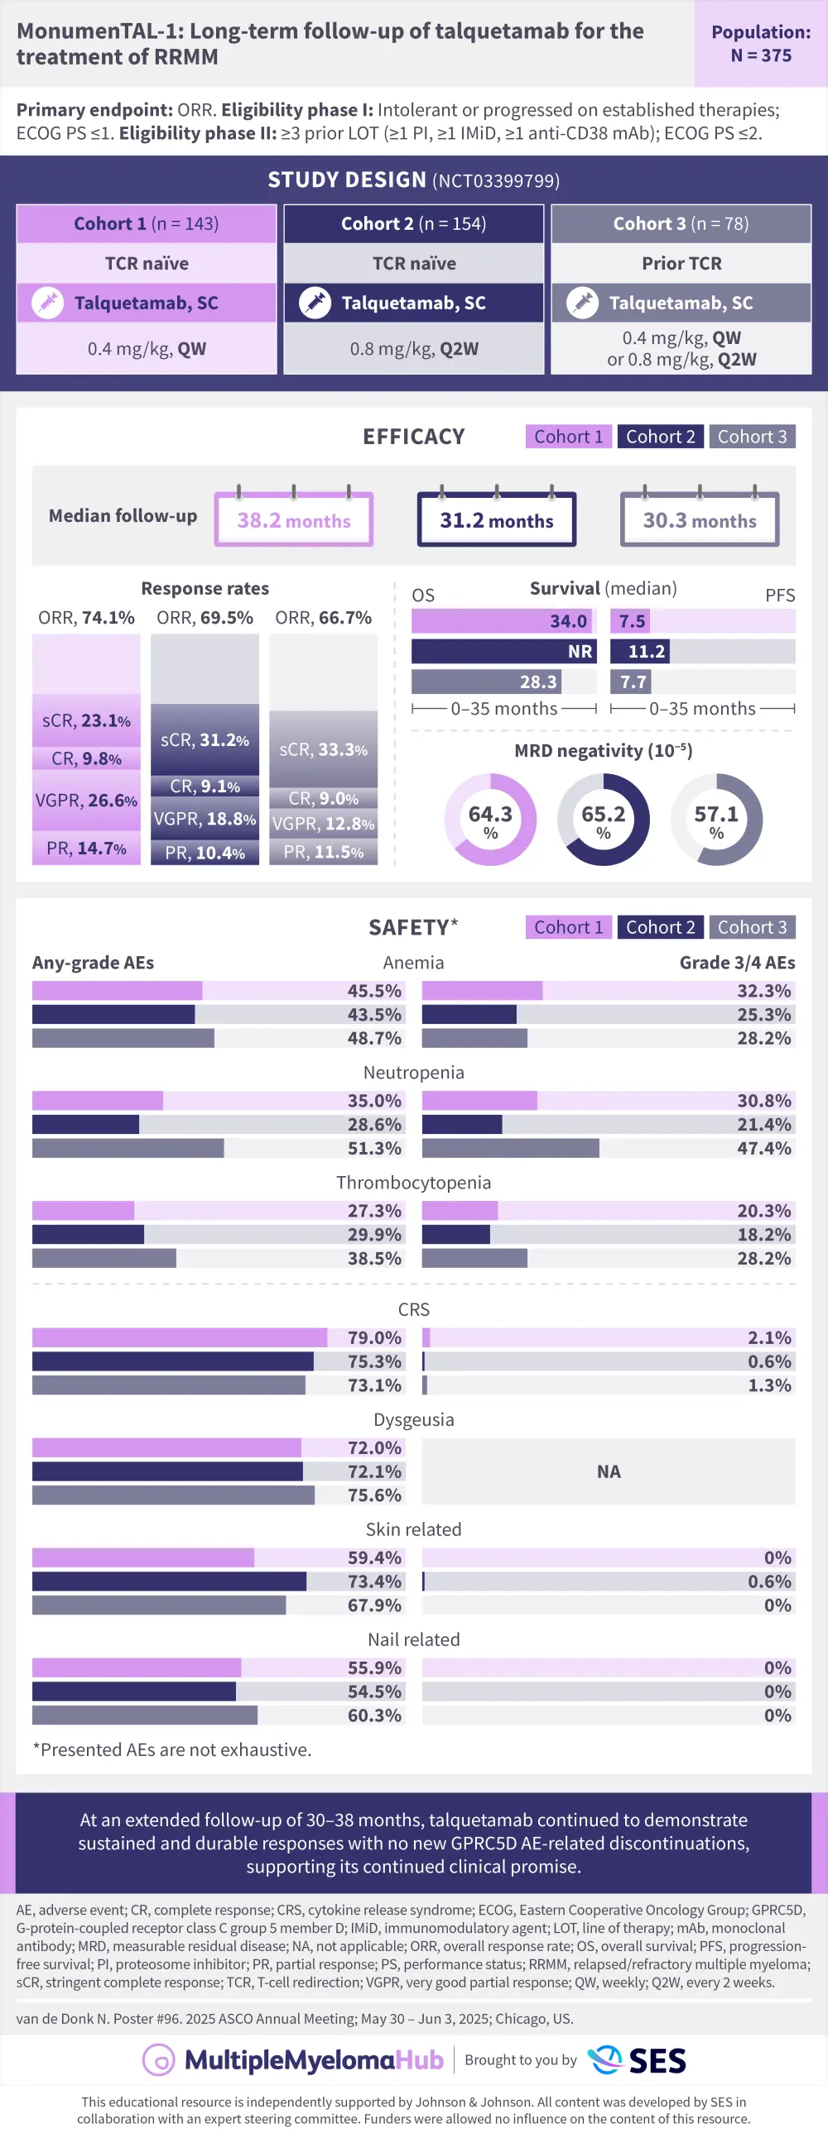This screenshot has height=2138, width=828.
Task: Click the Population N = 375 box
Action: tap(760, 44)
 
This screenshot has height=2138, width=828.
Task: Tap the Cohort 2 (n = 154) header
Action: tap(413, 224)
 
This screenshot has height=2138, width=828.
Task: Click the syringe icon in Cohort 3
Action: tap(582, 303)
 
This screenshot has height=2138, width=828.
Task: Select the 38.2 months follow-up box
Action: tap(293, 520)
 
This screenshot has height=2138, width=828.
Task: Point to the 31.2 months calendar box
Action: tap(497, 520)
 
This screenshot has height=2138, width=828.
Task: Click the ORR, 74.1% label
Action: tap(86, 618)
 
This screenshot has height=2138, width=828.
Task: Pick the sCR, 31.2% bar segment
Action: tap(205, 739)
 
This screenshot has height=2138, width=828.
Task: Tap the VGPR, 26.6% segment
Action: tap(86, 800)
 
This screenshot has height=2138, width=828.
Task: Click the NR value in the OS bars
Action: tap(580, 652)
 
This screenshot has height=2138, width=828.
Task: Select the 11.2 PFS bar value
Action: tap(646, 652)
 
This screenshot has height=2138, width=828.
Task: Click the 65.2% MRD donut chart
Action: tap(603, 820)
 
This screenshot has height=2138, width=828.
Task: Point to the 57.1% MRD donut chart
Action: tap(716, 820)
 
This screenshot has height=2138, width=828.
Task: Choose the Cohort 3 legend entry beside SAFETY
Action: tap(752, 927)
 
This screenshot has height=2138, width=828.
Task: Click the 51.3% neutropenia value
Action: tap(373, 1149)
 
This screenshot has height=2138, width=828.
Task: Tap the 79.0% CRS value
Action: tap(373, 1338)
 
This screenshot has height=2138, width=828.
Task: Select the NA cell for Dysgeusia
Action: tap(608, 1471)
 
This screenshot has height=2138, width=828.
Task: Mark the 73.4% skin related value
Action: tap(373, 1582)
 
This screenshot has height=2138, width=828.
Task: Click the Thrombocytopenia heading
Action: tap(413, 1183)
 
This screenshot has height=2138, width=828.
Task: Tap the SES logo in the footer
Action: tap(637, 2059)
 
